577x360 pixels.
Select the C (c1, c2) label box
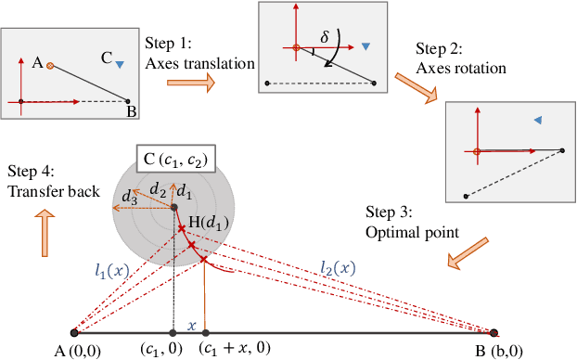tap(172, 159)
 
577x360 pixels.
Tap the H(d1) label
tap(210, 223)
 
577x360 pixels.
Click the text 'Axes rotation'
tap(460, 68)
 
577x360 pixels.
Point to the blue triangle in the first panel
tap(121, 64)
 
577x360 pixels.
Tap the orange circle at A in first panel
tap(50, 65)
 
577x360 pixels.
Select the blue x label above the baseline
tap(192, 326)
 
